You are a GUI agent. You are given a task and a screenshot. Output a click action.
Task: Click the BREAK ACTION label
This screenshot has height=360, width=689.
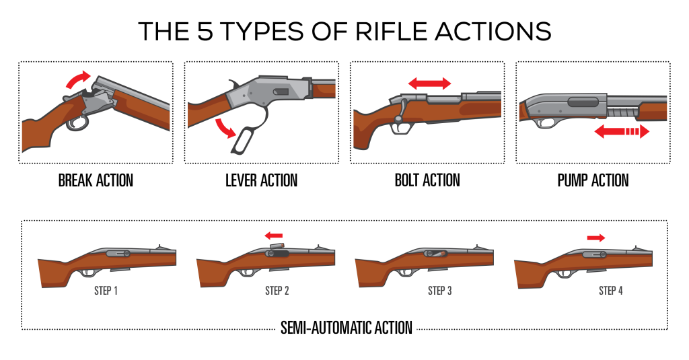pyautogui.click(x=96, y=180)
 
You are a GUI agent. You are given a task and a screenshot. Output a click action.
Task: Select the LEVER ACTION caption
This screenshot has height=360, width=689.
pyautogui.click(x=261, y=180)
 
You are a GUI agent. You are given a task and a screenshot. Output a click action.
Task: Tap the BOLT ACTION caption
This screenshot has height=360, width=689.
pyautogui.click(x=427, y=180)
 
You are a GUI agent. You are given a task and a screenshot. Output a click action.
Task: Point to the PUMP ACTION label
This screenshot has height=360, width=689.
pyautogui.click(x=593, y=180)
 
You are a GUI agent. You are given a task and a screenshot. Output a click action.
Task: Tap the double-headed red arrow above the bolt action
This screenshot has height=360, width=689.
pyautogui.click(x=429, y=83)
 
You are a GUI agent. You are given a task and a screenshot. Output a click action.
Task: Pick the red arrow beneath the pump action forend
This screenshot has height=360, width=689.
pyautogui.click(x=621, y=133)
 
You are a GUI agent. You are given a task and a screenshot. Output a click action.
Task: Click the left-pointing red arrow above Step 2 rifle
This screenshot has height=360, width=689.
pyautogui.click(x=273, y=236)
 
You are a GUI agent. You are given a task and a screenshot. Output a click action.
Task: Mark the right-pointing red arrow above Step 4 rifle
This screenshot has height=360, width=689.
pyautogui.click(x=595, y=237)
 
